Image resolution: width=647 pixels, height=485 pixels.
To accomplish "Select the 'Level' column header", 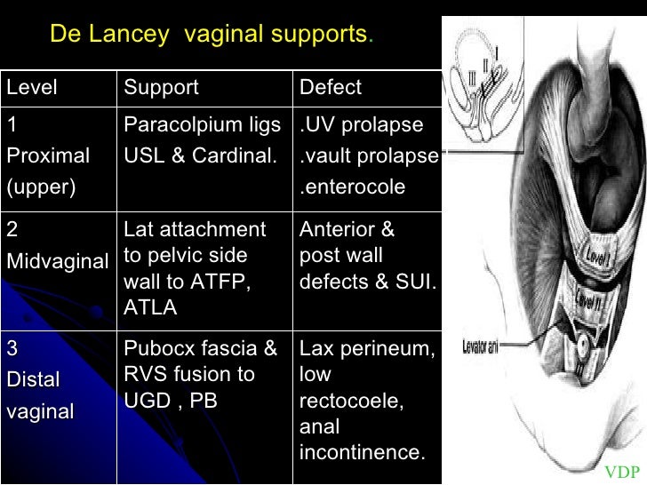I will coord(32,87).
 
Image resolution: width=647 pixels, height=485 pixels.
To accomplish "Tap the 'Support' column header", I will coord(161,87).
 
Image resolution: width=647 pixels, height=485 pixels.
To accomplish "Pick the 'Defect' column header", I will coord(331,87).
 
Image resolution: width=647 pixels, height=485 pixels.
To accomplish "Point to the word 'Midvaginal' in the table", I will coord(57,261).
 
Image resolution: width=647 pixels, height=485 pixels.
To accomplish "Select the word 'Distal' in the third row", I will coord(34,379).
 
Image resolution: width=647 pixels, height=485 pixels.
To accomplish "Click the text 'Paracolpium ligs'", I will coord(202,123).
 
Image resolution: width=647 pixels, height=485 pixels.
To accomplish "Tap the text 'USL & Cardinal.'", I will coord(199,155).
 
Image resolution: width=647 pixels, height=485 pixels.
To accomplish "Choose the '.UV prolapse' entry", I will coord(362,123).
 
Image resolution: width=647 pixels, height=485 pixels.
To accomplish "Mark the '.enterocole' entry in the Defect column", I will coord(353,187).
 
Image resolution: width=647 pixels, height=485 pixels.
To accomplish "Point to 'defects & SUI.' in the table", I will coord(367,282).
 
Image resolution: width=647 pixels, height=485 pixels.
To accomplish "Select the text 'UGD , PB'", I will coord(171,400).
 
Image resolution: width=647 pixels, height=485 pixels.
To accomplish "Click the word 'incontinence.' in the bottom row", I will coord(363,452).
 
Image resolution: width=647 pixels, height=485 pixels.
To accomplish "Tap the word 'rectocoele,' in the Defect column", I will coord(352,401).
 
